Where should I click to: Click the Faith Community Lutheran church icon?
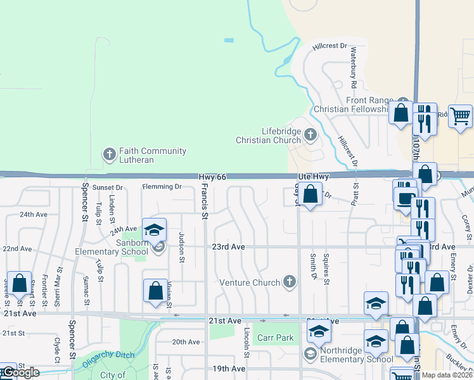pyautogui.click(x=109, y=153)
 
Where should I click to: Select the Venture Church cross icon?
pyautogui.click(x=290, y=282)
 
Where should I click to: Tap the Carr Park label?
pyautogui.click(x=275, y=338)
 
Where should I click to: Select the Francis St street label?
pyautogui.click(x=204, y=198)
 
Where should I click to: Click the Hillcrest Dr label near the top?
pyautogui.click(x=330, y=46)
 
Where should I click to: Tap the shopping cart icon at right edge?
pyautogui.click(x=461, y=116)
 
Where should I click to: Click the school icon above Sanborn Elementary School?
pyautogui.click(x=153, y=231)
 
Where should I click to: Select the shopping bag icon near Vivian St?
pyautogui.click(x=155, y=291)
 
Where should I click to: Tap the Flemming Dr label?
pyautogui.click(x=162, y=187)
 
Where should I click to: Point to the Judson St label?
pyautogui.click(x=181, y=246)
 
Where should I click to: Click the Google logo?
pyautogui.click(x=20, y=373)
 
